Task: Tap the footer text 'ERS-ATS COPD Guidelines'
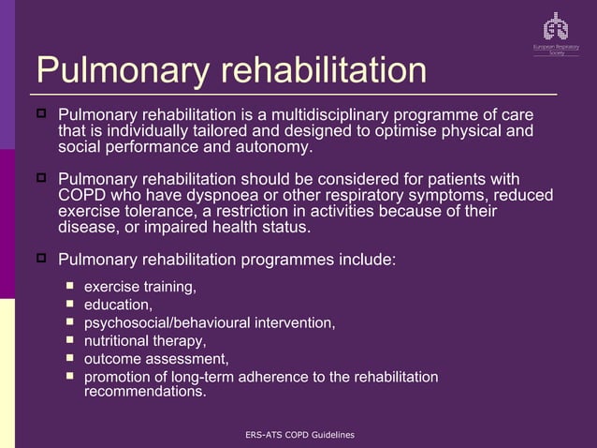pyautogui.click(x=298, y=435)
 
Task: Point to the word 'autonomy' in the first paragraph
pyautogui.click(x=278, y=148)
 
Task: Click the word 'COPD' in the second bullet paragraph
pyautogui.click(x=81, y=194)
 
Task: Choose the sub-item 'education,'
pyautogui.click(x=118, y=305)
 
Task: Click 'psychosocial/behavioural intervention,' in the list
pyautogui.click(x=210, y=322)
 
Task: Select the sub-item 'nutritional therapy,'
pyautogui.click(x=145, y=340)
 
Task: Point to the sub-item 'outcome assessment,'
pyautogui.click(x=156, y=358)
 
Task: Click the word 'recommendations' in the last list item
pyautogui.click(x=143, y=392)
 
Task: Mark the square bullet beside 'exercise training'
pyautogui.click(x=69, y=286)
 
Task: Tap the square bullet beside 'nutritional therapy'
pyautogui.click(x=69, y=339)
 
